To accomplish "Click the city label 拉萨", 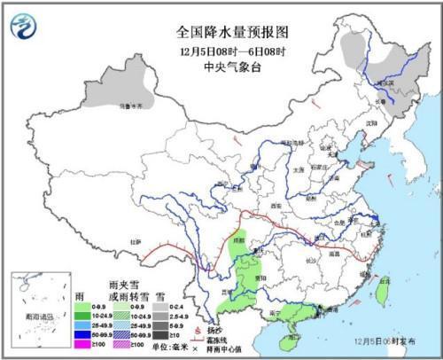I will pyautogui.click(x=135, y=240).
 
